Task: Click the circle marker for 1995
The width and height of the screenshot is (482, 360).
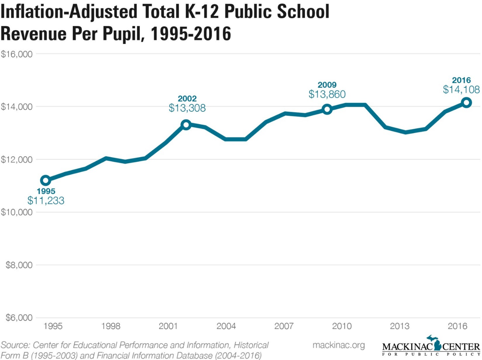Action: point(45,180)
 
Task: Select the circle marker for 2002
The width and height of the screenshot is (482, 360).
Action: point(186,125)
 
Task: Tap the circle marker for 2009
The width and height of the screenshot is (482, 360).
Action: point(327,109)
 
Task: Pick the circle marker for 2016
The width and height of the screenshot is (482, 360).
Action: point(466,102)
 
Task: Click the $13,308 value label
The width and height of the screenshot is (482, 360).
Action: point(187,107)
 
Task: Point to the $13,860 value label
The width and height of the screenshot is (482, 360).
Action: point(327,94)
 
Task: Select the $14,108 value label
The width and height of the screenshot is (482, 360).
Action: point(461,90)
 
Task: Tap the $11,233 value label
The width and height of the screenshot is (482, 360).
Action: point(45,201)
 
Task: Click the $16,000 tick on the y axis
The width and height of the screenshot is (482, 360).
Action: point(17,54)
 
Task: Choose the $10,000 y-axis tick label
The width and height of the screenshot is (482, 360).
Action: point(17,212)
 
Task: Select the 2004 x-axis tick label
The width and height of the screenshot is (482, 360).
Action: point(226,327)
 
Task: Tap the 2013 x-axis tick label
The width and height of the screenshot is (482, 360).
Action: point(399,327)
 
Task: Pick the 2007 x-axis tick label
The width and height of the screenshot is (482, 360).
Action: point(284,327)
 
